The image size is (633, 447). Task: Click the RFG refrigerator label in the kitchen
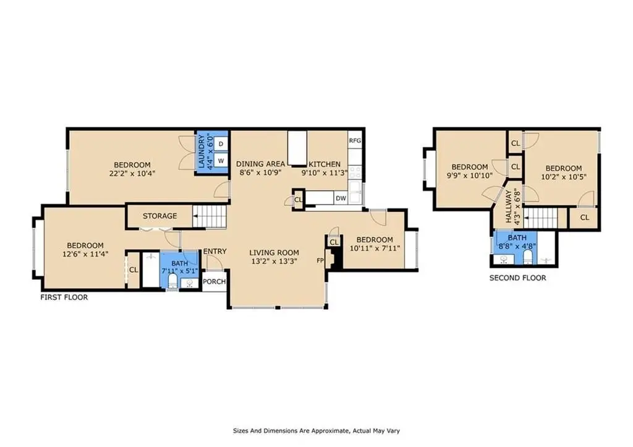point(355,140)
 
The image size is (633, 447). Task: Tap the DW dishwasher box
point(341,198)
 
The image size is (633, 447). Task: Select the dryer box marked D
point(221,144)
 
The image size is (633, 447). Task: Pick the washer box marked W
point(221,161)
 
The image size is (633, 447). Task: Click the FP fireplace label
point(320,260)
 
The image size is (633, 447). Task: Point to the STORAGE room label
point(160,216)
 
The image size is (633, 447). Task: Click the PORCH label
point(214,281)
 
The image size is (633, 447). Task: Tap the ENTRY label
point(215,251)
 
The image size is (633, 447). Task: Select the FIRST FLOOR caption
point(64,297)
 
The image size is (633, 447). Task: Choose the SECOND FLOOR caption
point(517,278)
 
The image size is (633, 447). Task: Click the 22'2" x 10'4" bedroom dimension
point(132,174)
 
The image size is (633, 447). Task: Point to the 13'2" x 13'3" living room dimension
point(274,262)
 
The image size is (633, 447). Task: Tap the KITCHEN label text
point(325,164)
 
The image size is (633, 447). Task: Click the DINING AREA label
point(260,164)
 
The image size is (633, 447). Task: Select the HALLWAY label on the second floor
point(508,206)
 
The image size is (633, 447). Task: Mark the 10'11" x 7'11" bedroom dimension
point(375,248)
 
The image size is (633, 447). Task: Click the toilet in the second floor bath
point(528,257)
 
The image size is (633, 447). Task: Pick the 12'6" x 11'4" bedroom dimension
point(85,254)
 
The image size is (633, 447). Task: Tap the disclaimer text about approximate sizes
point(316,431)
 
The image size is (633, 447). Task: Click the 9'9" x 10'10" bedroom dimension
point(470,176)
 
